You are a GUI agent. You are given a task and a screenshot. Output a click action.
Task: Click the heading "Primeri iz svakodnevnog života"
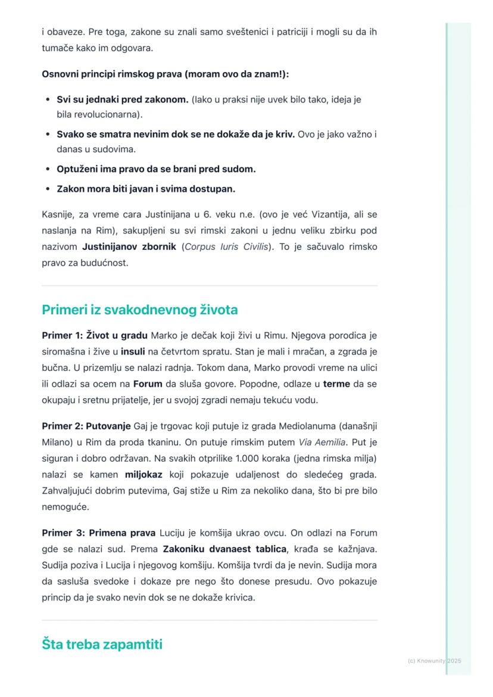click(139, 310)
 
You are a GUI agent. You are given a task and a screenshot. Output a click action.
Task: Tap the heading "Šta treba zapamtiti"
click(102, 644)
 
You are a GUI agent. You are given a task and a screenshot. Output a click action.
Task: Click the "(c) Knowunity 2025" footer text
click(434, 661)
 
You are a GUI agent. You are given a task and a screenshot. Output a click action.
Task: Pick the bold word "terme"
click(336, 385)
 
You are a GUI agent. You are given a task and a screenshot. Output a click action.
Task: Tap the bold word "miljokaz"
click(144, 475)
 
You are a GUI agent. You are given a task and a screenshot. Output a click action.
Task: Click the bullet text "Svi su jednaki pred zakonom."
click(123, 99)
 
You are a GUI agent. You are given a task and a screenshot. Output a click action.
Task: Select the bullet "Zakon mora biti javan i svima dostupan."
click(146, 189)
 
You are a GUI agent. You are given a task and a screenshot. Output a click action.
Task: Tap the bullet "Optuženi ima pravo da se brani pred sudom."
click(156, 169)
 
